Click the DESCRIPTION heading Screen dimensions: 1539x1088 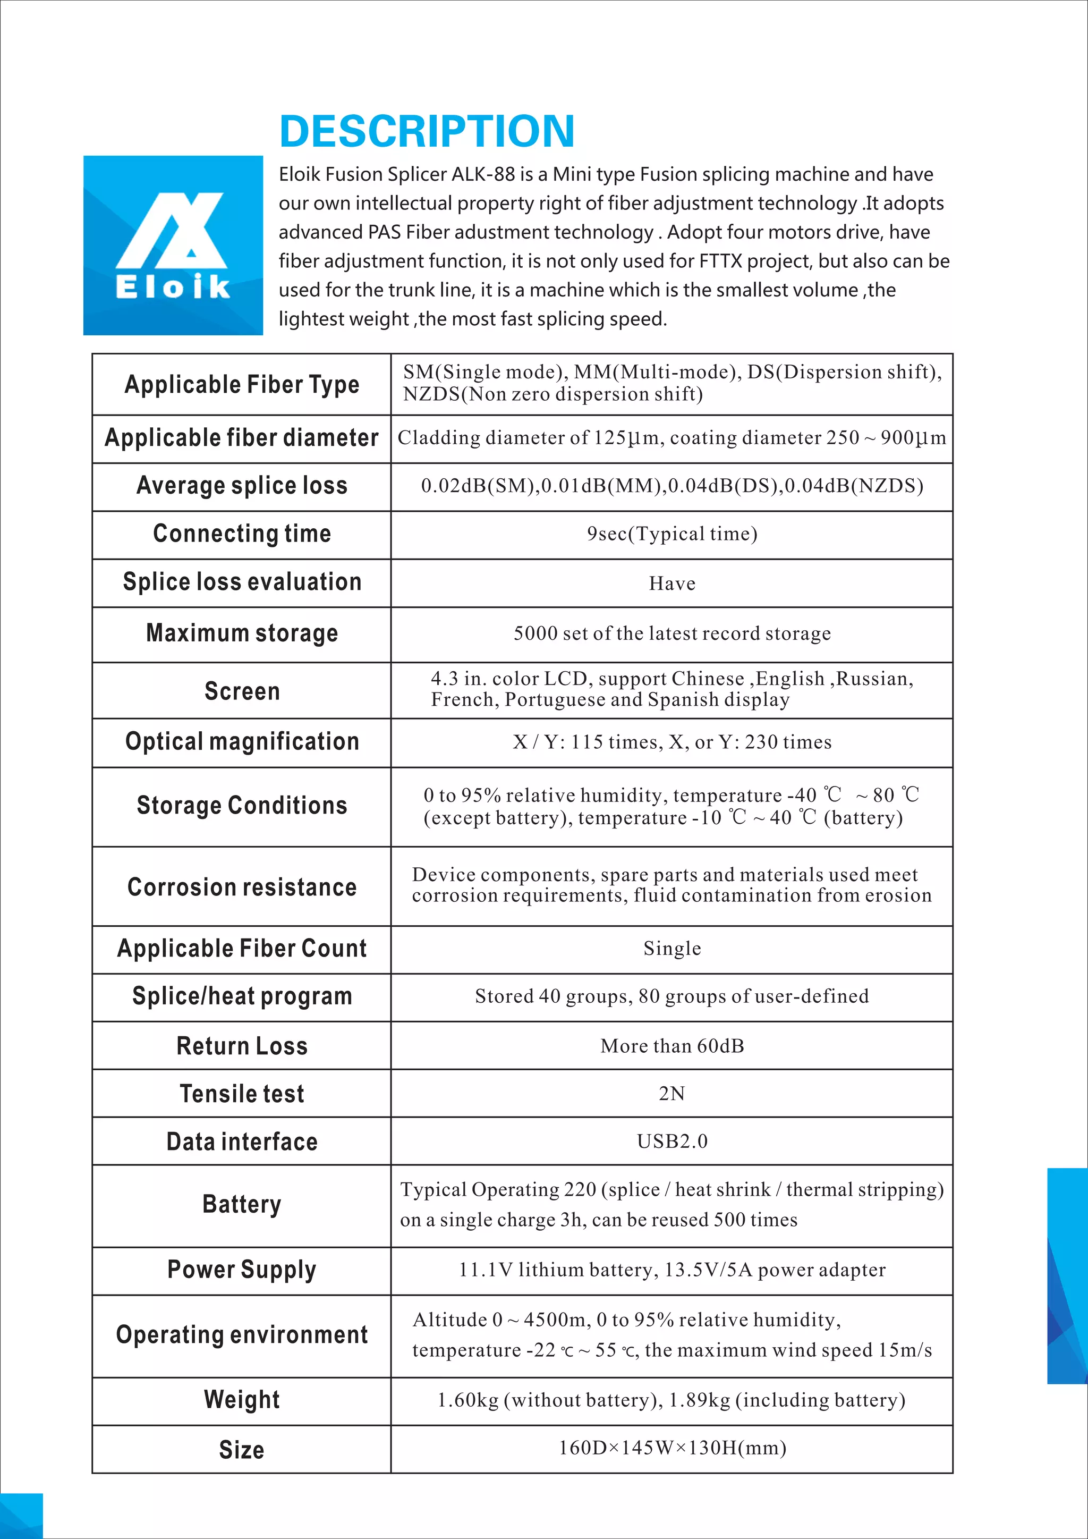(427, 131)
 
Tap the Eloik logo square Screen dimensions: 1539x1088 (173, 246)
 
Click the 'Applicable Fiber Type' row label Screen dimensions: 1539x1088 (242, 385)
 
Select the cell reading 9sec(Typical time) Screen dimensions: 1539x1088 (672, 534)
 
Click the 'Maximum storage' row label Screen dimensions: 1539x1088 (242, 633)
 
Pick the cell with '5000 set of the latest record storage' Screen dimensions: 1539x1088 (672, 633)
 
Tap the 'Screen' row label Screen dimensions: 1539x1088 (242, 691)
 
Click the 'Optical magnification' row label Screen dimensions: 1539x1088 (242, 742)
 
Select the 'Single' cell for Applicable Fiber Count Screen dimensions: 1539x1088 (672, 949)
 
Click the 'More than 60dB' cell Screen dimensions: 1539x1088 (672, 1046)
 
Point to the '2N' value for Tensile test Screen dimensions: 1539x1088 (672, 1094)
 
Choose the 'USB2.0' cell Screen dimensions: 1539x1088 (672, 1141)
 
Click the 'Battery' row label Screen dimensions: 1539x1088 (242, 1205)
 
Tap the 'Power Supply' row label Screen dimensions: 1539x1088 (242, 1270)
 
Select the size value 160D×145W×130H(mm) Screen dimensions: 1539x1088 (672, 1448)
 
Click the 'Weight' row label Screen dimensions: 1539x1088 (242, 1400)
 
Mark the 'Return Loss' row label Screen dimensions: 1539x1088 (242, 1046)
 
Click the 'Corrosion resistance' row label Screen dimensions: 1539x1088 (242, 887)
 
